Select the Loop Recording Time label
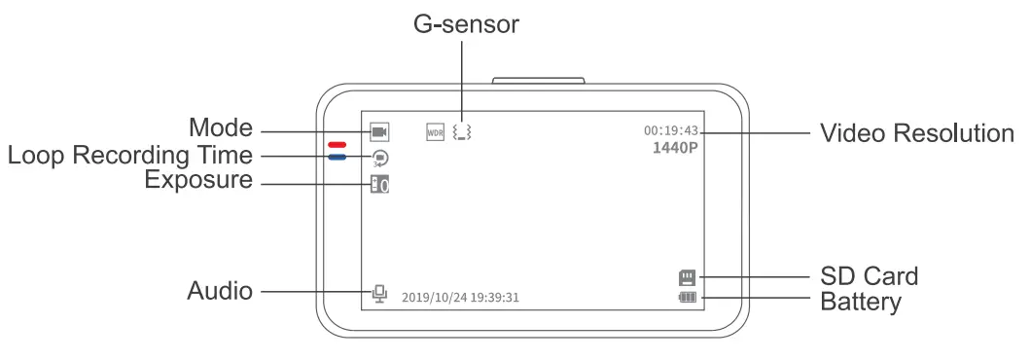[129, 156]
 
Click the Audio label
[221, 290]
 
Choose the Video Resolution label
[916, 133]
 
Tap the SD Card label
[869, 277]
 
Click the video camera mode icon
[379, 130]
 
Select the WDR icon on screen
[436, 131]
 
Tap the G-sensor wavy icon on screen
[461, 131]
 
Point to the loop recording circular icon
[379, 157]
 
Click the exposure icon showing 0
[379, 184]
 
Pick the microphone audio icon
[379, 293]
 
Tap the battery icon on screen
[689, 298]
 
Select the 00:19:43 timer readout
[670, 130]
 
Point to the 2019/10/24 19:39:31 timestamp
[460, 297]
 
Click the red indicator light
[338, 145]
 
